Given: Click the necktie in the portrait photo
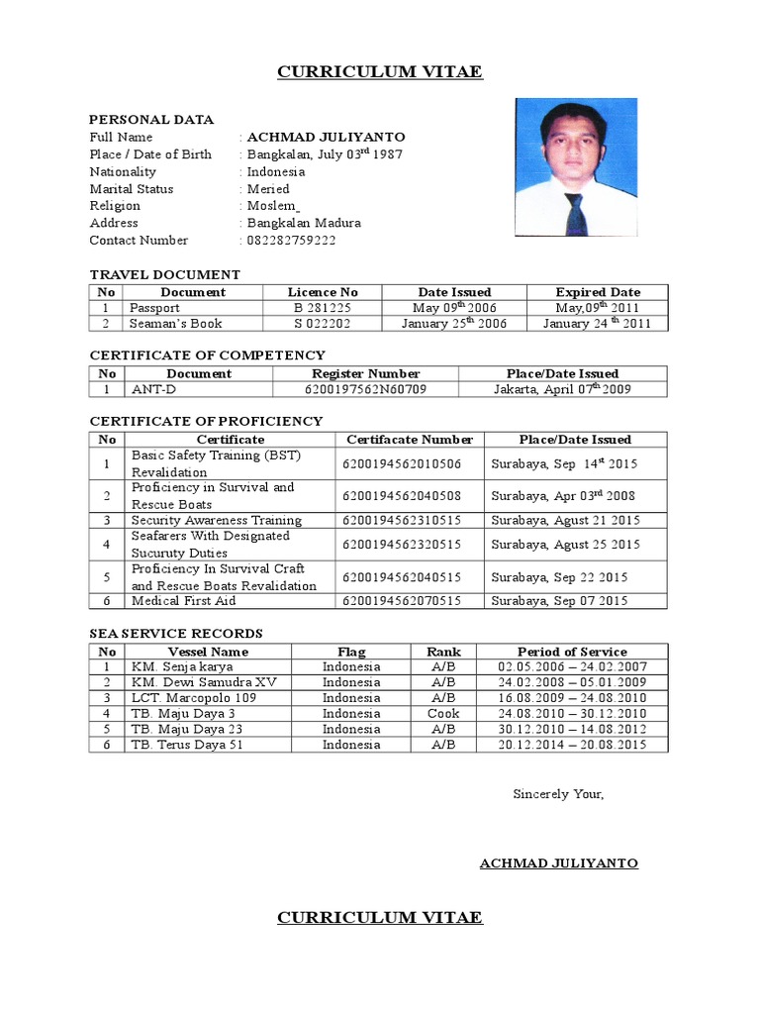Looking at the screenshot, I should [x=575, y=212].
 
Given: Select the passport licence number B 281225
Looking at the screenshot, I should [x=323, y=308].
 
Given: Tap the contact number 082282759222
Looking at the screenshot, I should [x=292, y=241].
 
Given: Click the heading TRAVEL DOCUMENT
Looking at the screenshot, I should [x=165, y=274].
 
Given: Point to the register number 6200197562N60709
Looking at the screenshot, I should [x=365, y=389].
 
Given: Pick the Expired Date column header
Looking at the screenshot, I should [x=598, y=292].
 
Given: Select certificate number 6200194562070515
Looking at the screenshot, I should [x=402, y=601].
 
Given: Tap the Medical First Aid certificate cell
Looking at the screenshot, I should [x=184, y=601].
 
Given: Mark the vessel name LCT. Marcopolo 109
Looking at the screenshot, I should [x=194, y=698].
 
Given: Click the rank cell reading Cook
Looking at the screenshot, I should [x=443, y=713].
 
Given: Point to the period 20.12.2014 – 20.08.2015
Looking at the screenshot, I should [x=572, y=745].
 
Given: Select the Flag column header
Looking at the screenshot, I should [x=350, y=652].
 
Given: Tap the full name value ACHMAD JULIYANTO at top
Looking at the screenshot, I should [x=326, y=137].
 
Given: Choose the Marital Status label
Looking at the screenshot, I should [x=132, y=189].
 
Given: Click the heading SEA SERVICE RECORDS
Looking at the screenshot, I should [x=176, y=634].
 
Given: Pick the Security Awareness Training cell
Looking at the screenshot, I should [x=217, y=520].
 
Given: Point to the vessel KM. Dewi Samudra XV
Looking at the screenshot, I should [x=205, y=682].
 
